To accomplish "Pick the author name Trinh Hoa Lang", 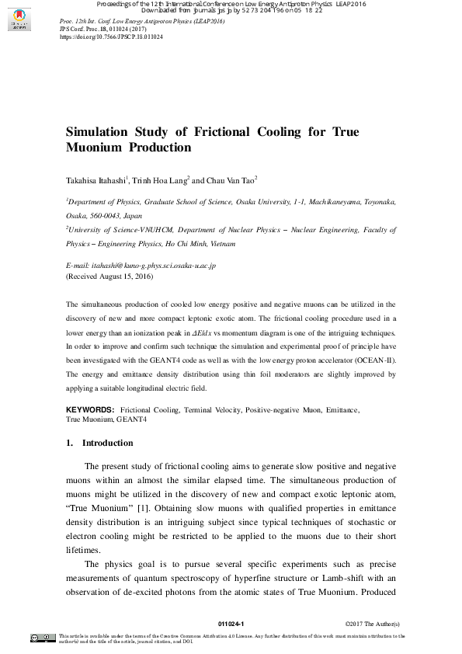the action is (x=161, y=180).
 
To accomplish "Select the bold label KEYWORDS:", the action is (x=90, y=409).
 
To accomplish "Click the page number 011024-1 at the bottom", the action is (x=231, y=624).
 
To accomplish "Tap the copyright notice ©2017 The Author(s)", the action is (x=372, y=624).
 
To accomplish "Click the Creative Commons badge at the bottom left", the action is (x=43, y=638).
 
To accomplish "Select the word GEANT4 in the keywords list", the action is (x=131, y=419).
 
